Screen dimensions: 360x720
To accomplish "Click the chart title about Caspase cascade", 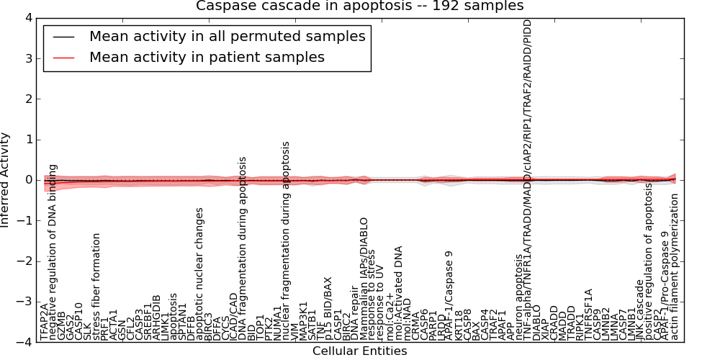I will [x=360, y=6].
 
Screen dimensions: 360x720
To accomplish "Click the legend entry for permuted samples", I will [x=227, y=36].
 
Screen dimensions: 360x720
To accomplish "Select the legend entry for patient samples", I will [x=207, y=57].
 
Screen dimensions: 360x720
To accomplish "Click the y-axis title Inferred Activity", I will [x=6, y=180].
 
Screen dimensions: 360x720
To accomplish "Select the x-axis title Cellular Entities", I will [x=360, y=351].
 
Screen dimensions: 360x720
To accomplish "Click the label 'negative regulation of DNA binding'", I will [x=53, y=253].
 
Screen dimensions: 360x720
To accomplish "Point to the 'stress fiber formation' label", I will [x=96, y=288].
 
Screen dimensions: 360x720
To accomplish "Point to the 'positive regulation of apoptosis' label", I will [x=649, y=263].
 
